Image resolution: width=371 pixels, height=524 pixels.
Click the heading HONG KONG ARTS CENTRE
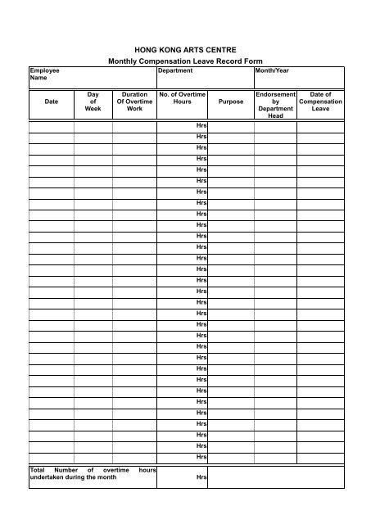coord(184,50)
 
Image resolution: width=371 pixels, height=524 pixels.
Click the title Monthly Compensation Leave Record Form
coord(184,62)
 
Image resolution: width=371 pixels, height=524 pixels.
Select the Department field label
coord(175,71)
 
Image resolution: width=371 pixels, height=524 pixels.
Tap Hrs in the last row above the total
coord(201,456)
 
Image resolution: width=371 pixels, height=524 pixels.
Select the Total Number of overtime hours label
coord(92,473)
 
